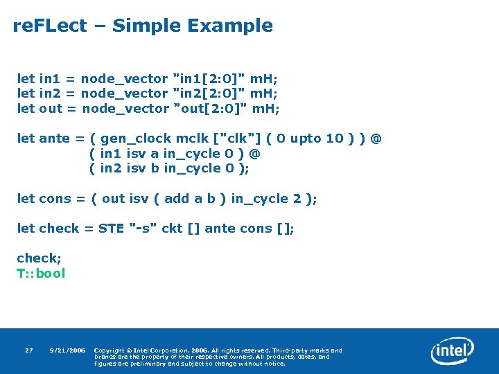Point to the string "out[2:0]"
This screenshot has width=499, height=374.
point(211,108)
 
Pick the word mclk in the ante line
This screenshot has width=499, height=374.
point(193,139)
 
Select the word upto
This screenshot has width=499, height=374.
point(306,139)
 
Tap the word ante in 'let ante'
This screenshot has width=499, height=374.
point(56,139)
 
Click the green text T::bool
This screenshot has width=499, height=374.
point(41,273)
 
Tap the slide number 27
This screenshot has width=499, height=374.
point(28,350)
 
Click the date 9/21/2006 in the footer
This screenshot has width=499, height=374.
point(67,350)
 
